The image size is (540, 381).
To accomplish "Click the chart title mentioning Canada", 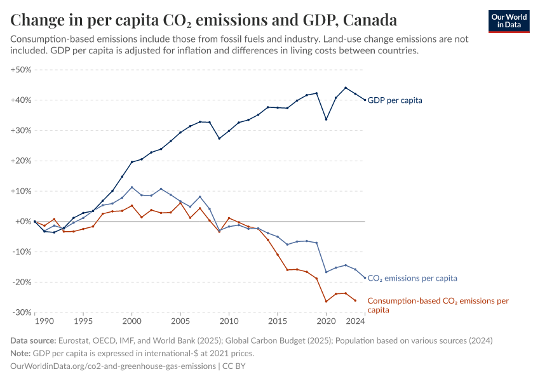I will coord(204,20).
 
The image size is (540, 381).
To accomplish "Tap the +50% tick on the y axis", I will coord(22,70).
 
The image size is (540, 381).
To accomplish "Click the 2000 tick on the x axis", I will coord(132,322).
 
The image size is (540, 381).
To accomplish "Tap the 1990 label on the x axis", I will coord(35,322).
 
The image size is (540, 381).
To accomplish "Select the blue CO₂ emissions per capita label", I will coord(412,278).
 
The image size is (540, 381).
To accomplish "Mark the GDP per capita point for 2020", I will coord(326,119).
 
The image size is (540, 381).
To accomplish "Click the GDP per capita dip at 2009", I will coord(219,138).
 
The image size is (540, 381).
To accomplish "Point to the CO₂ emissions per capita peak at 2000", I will coord(132,187).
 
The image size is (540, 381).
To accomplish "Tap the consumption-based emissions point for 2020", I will coord(326,302).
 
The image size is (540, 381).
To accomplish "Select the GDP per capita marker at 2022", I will coord(346,88).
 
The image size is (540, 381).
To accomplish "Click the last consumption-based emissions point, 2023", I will coord(355,300).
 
